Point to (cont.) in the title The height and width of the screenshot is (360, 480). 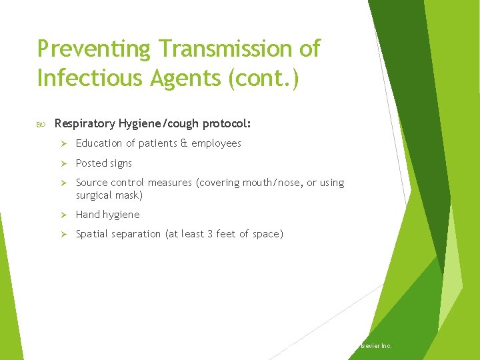264,78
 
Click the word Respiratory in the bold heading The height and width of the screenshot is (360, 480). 85,123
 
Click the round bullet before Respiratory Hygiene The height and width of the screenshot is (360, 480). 42,123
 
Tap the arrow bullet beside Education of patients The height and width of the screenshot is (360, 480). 65,143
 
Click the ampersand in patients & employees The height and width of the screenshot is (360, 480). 183,143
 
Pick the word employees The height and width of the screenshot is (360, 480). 216,143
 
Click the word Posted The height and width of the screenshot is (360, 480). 91,163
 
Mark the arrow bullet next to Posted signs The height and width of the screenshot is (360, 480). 65,163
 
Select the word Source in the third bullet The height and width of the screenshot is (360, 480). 91,183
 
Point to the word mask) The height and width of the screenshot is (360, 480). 129,195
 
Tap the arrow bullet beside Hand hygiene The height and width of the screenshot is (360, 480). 65,215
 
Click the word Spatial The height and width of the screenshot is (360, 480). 92,234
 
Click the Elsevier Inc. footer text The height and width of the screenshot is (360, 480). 376,346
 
